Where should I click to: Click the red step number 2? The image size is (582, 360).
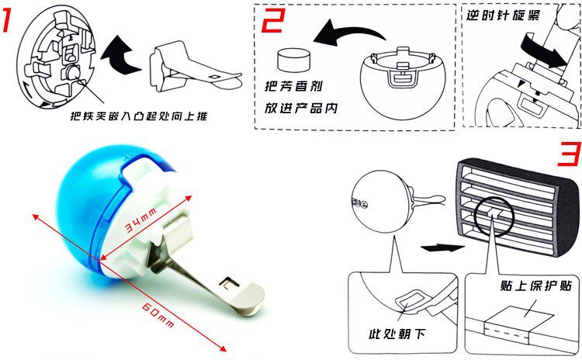point(274,20)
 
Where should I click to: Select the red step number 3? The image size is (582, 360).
point(569,154)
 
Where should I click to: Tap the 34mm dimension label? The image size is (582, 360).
point(140,221)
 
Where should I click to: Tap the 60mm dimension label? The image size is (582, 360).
point(158,314)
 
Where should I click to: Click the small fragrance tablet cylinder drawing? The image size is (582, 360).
point(293,61)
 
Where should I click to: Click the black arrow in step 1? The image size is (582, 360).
point(120,55)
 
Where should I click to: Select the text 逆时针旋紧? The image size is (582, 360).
point(503,16)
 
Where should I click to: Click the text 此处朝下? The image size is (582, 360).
point(397,334)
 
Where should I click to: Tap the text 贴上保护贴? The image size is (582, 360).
point(535,286)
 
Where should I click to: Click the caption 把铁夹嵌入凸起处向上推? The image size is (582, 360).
point(139,116)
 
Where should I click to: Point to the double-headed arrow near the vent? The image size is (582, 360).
point(442,247)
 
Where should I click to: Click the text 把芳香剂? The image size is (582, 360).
point(293,86)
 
